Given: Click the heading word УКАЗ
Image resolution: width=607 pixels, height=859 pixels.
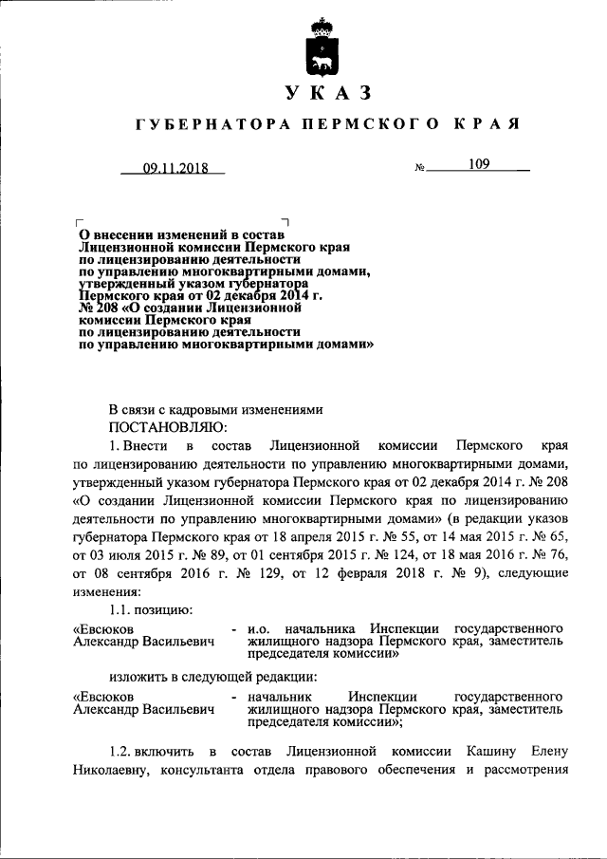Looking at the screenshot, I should [x=325, y=92].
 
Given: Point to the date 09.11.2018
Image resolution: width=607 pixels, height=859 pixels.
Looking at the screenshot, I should [x=175, y=170].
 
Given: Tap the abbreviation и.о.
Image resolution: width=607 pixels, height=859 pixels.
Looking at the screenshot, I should [x=260, y=628].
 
